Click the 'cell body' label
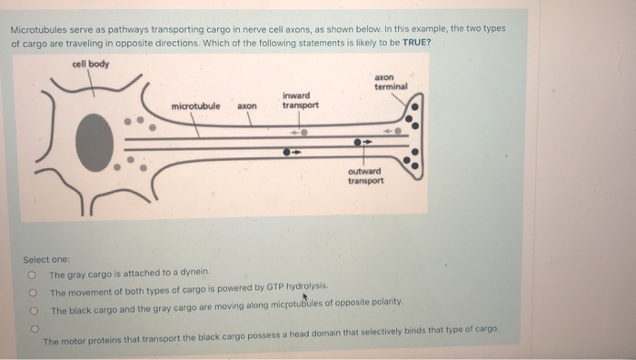(x=89, y=64)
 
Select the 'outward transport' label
(x=365, y=175)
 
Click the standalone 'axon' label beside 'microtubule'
(x=247, y=106)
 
